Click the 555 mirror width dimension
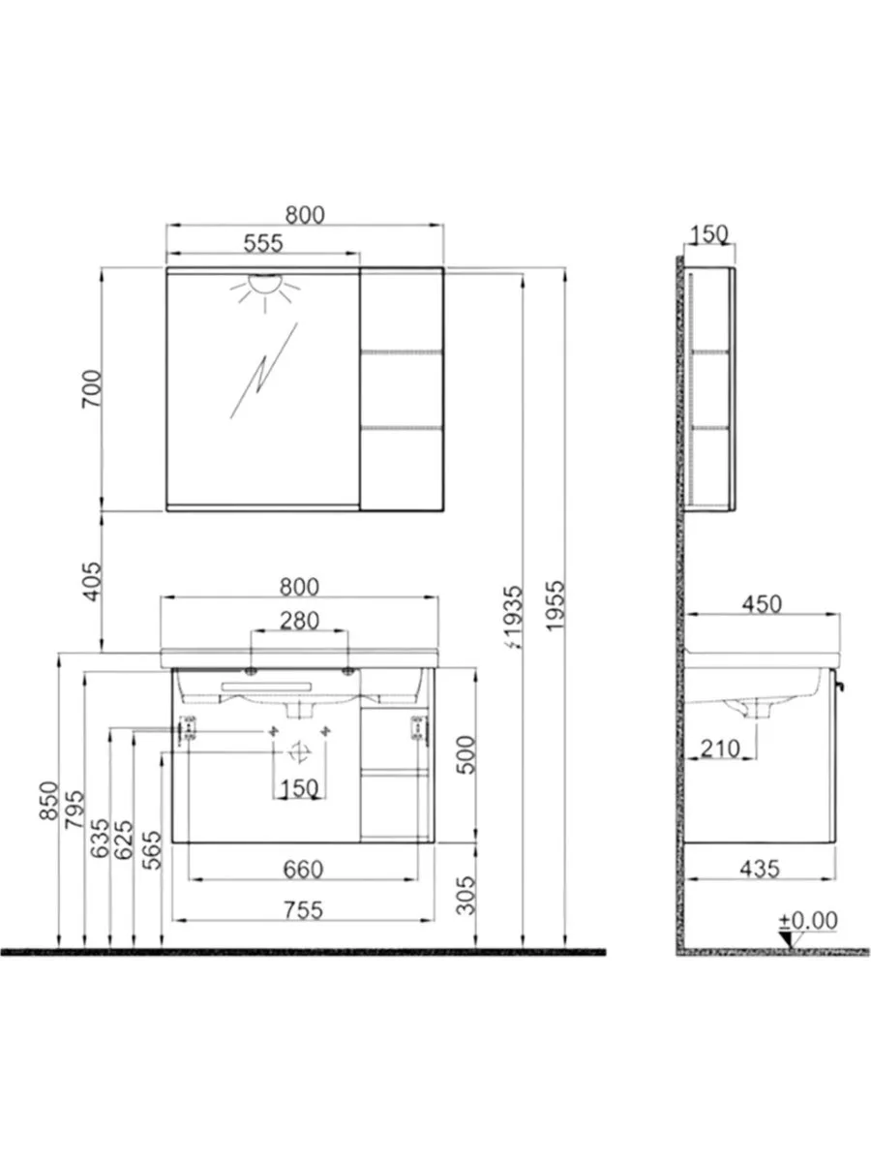coord(263,243)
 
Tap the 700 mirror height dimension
coord(91,388)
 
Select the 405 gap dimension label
coord(92,581)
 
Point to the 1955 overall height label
coord(556,606)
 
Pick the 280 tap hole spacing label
coord(299,621)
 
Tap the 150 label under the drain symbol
coord(299,788)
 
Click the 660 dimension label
coord(303,870)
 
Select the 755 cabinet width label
coord(303,910)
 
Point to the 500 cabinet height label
coord(466,755)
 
